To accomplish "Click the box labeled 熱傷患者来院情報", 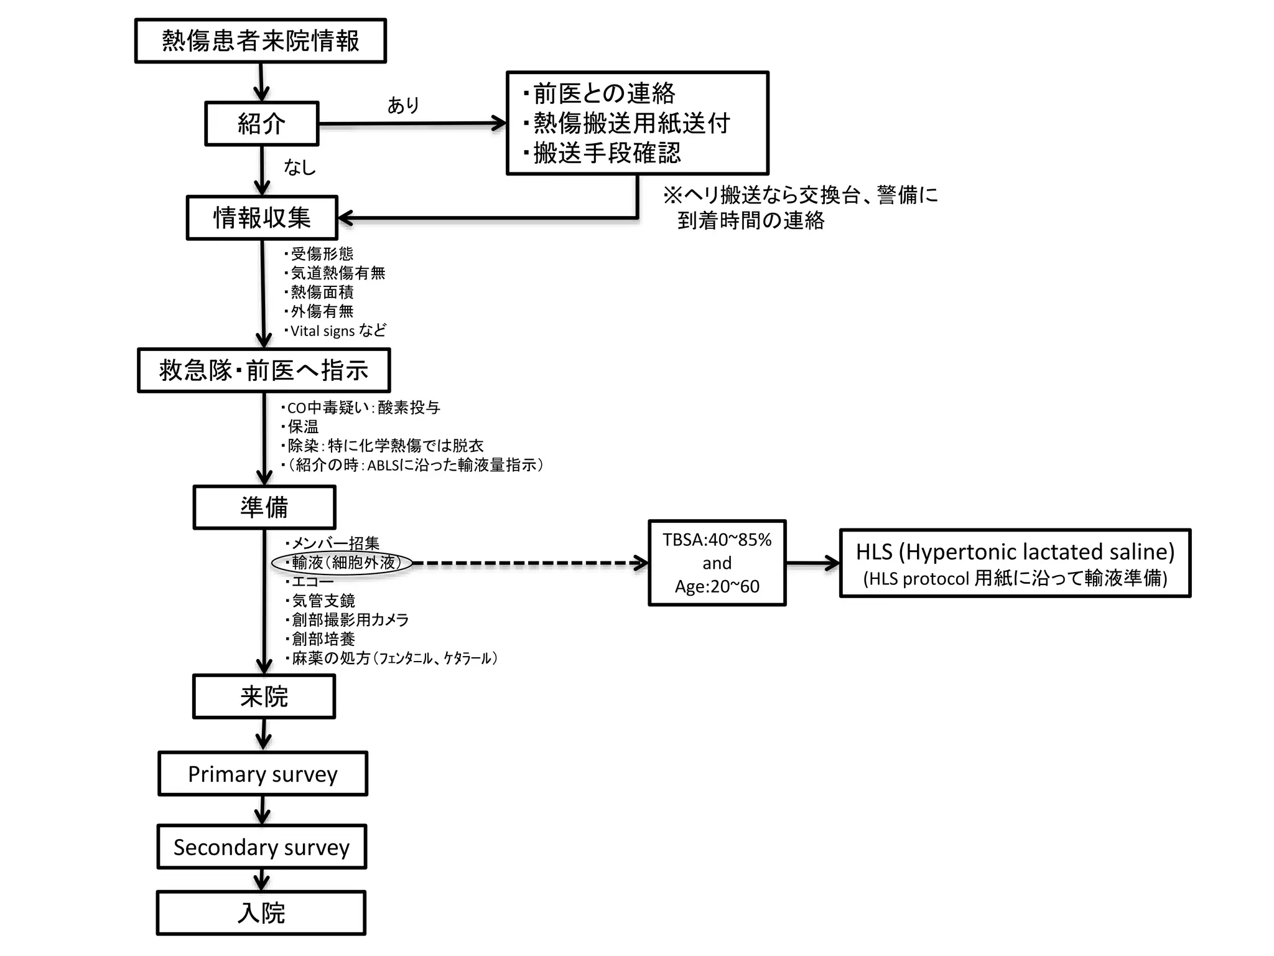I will point(260,41).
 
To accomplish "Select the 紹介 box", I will point(261,124).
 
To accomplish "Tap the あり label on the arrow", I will point(403,105).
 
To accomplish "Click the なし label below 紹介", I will point(299,167).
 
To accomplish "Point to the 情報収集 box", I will point(262,218).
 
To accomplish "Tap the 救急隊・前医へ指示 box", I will point(263,370).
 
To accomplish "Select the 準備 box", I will point(264,507).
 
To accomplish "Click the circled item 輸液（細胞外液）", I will point(343,563).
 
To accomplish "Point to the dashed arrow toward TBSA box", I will point(529,563).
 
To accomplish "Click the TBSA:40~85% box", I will point(717,563).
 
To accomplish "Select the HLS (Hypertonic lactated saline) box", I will point(1015,563).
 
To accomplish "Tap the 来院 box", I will point(264,696).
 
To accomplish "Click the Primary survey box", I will point(263,774).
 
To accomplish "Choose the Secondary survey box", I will point(261,847).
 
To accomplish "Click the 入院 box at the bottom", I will point(261,913).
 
